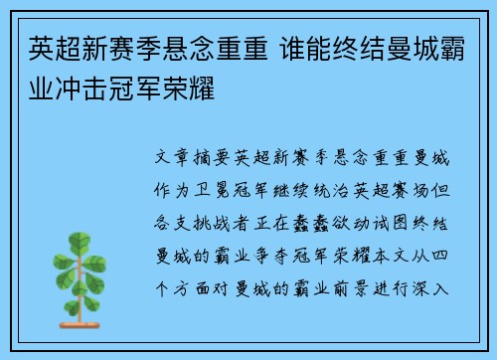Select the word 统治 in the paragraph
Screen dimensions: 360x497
[x=342, y=185]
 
